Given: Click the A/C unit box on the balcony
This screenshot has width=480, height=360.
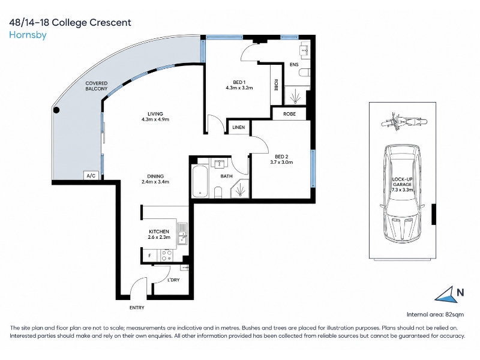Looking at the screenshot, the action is (91, 176).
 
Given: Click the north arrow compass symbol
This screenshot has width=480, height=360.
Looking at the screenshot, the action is (446, 295).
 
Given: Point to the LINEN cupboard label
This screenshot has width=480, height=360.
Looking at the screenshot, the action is (238, 127).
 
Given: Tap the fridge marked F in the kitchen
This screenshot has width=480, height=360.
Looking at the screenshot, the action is (149, 256).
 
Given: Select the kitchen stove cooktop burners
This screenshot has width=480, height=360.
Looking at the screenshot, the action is (167, 256).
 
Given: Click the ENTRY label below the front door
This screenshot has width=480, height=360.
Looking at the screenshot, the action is (137, 308).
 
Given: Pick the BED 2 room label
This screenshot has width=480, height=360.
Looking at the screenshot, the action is (281, 160).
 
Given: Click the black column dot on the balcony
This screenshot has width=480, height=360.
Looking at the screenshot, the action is (56, 110).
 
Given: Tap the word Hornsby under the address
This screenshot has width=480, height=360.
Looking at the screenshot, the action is (28, 35).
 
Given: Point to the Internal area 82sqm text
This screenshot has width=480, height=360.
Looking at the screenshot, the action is (435, 314).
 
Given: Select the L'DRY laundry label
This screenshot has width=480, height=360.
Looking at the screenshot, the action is (173, 280).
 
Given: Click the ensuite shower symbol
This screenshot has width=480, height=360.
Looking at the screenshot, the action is (295, 96).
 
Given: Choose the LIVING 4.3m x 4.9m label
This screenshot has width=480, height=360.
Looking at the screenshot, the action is (155, 116).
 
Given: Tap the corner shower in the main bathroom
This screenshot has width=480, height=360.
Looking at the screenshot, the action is (241, 188).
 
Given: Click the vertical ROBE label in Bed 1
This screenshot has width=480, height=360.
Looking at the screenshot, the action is (276, 85).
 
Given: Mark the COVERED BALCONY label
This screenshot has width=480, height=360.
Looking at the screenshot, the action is (97, 86).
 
